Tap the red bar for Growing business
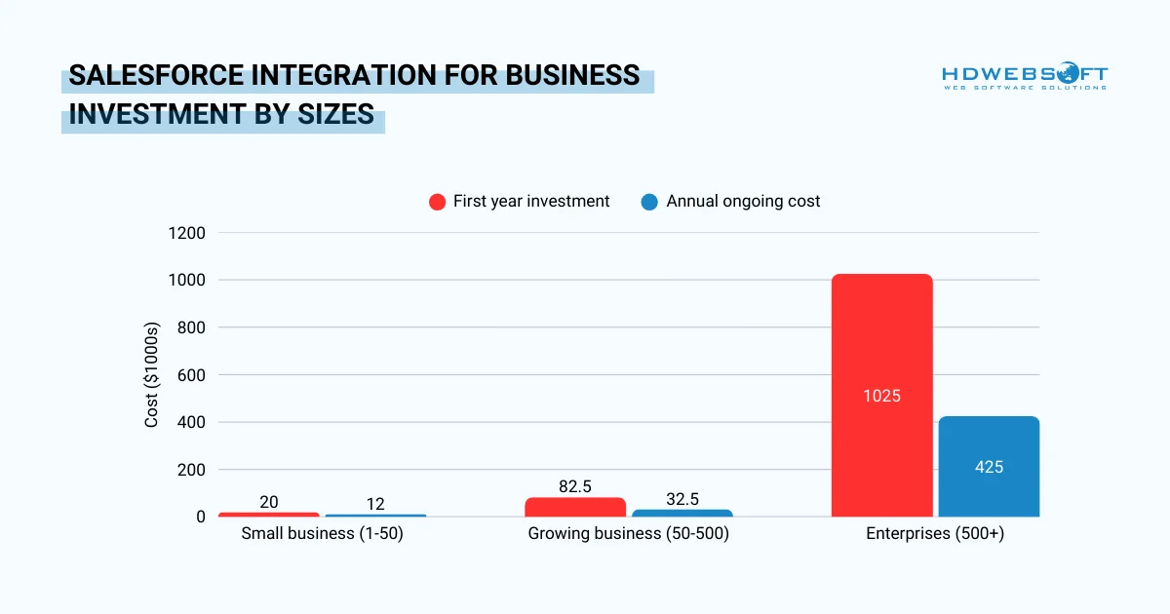coord(575,507)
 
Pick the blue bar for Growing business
coord(682,513)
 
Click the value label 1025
coord(881,396)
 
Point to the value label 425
coord(989,467)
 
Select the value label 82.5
coord(575,486)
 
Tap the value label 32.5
coord(682,499)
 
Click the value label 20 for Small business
coord(269,502)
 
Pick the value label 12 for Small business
coord(375,504)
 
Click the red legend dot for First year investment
coord(437,202)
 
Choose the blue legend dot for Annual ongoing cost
coord(649,202)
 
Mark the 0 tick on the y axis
coord(200,517)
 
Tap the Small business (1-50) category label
coord(322,534)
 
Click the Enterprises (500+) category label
coord(935,534)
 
